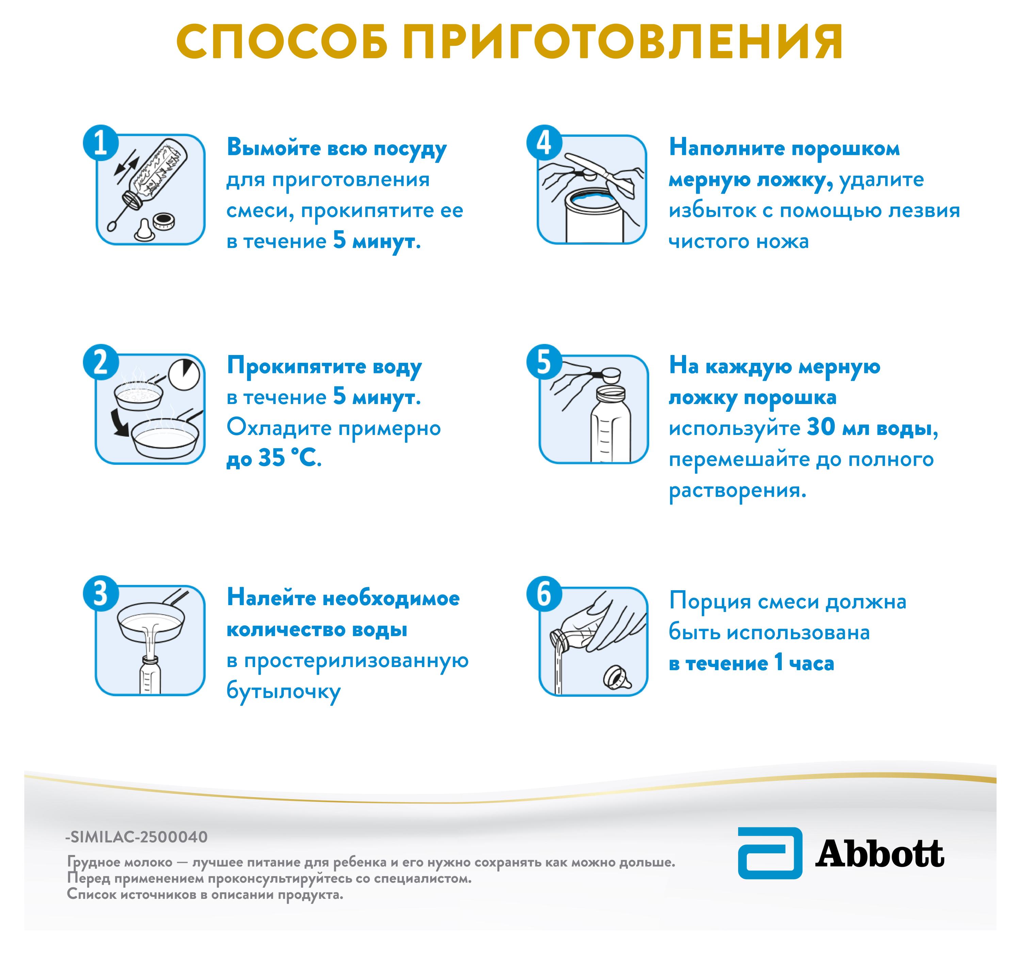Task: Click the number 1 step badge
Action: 101,143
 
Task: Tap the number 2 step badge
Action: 101,362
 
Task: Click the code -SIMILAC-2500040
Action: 136,837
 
